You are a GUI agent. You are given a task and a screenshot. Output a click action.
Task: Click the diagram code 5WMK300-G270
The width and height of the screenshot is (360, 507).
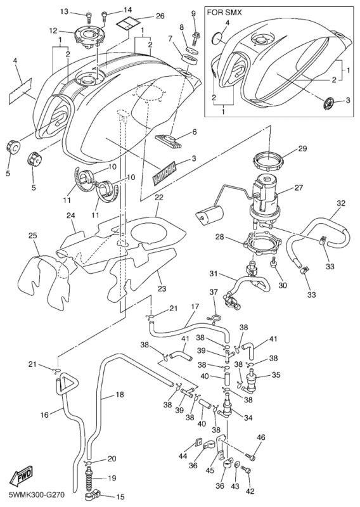[x=37, y=495]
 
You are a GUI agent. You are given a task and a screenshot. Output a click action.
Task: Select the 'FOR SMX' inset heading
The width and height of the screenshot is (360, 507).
[x=224, y=13]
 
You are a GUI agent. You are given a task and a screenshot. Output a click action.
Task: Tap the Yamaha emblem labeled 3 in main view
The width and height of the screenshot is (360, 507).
[x=165, y=173]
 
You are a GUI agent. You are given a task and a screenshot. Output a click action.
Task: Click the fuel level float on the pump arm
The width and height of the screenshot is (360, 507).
[x=210, y=215]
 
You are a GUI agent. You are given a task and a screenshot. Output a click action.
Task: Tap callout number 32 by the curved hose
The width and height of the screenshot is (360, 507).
[x=341, y=203]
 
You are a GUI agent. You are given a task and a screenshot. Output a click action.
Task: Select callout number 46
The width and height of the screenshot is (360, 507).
[x=260, y=438]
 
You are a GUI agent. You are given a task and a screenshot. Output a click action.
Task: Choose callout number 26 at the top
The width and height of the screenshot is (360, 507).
[x=160, y=16]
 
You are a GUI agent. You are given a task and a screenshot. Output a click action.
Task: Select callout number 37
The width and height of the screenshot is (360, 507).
[x=214, y=292]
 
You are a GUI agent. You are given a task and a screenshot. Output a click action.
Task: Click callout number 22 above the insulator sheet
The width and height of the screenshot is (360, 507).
[x=159, y=206]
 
